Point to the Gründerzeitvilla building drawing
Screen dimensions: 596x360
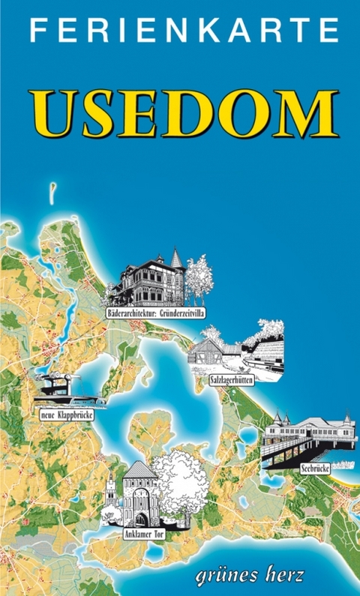coord(146,281)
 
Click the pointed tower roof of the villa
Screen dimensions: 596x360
coord(177,258)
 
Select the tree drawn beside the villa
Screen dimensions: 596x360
coord(199,277)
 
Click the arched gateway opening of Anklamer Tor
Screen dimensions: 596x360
coord(141,518)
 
